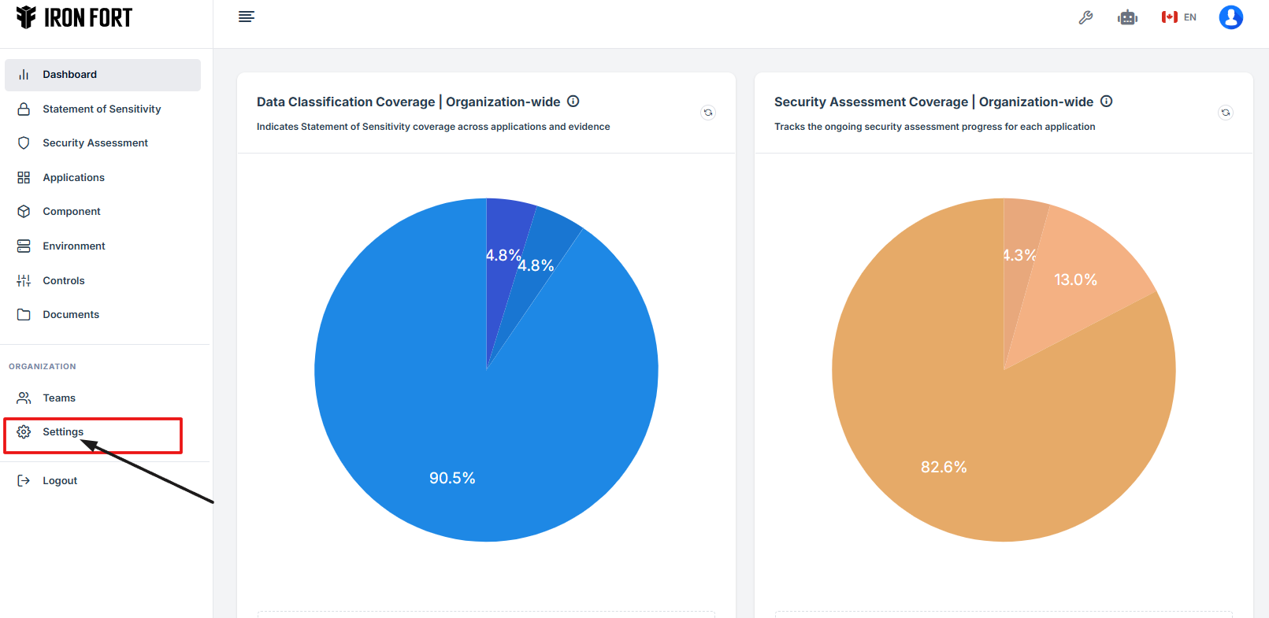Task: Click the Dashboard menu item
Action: click(69, 75)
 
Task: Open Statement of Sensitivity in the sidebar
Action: click(101, 109)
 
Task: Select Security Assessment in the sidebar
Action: click(95, 143)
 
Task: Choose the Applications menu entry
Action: click(73, 178)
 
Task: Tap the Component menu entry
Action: click(71, 212)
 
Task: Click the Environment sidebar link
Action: click(73, 246)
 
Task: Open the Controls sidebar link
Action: click(63, 281)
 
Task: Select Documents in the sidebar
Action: click(70, 315)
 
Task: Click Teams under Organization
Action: click(58, 398)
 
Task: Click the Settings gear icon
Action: click(24, 432)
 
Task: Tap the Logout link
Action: click(59, 481)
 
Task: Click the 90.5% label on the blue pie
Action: click(452, 479)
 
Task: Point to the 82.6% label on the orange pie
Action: click(944, 468)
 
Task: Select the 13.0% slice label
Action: click(1075, 280)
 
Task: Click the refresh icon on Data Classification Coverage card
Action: click(708, 113)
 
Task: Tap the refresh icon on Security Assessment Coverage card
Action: click(1226, 113)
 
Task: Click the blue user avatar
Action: click(1230, 17)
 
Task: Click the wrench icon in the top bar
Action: click(1085, 17)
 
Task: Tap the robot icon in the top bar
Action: click(1127, 17)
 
